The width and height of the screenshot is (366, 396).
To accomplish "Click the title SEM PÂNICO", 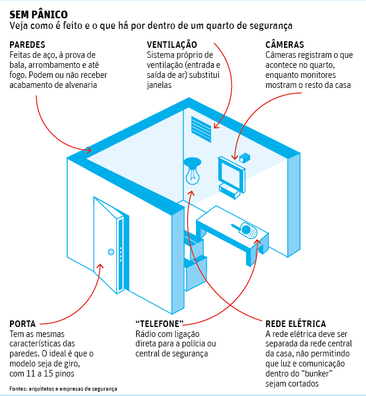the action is [x=38, y=14].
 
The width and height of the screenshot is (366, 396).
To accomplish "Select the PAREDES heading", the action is [x=28, y=45].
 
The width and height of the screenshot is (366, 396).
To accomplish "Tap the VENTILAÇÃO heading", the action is [x=172, y=45].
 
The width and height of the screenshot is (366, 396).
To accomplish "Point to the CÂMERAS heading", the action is [x=285, y=45].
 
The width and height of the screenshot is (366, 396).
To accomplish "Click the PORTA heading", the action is [x=22, y=324].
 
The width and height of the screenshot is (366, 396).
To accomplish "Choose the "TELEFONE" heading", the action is [x=160, y=324].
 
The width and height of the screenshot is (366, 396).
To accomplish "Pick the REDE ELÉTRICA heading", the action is [x=296, y=324].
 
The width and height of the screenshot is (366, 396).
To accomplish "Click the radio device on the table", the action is [x=248, y=230].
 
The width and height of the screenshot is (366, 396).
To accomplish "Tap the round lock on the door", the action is [x=110, y=252].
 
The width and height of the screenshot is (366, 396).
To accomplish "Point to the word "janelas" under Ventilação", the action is [x=159, y=85].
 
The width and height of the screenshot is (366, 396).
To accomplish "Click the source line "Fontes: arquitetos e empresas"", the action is [x=63, y=389].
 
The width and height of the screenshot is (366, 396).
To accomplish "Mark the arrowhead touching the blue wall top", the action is [x=89, y=150].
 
